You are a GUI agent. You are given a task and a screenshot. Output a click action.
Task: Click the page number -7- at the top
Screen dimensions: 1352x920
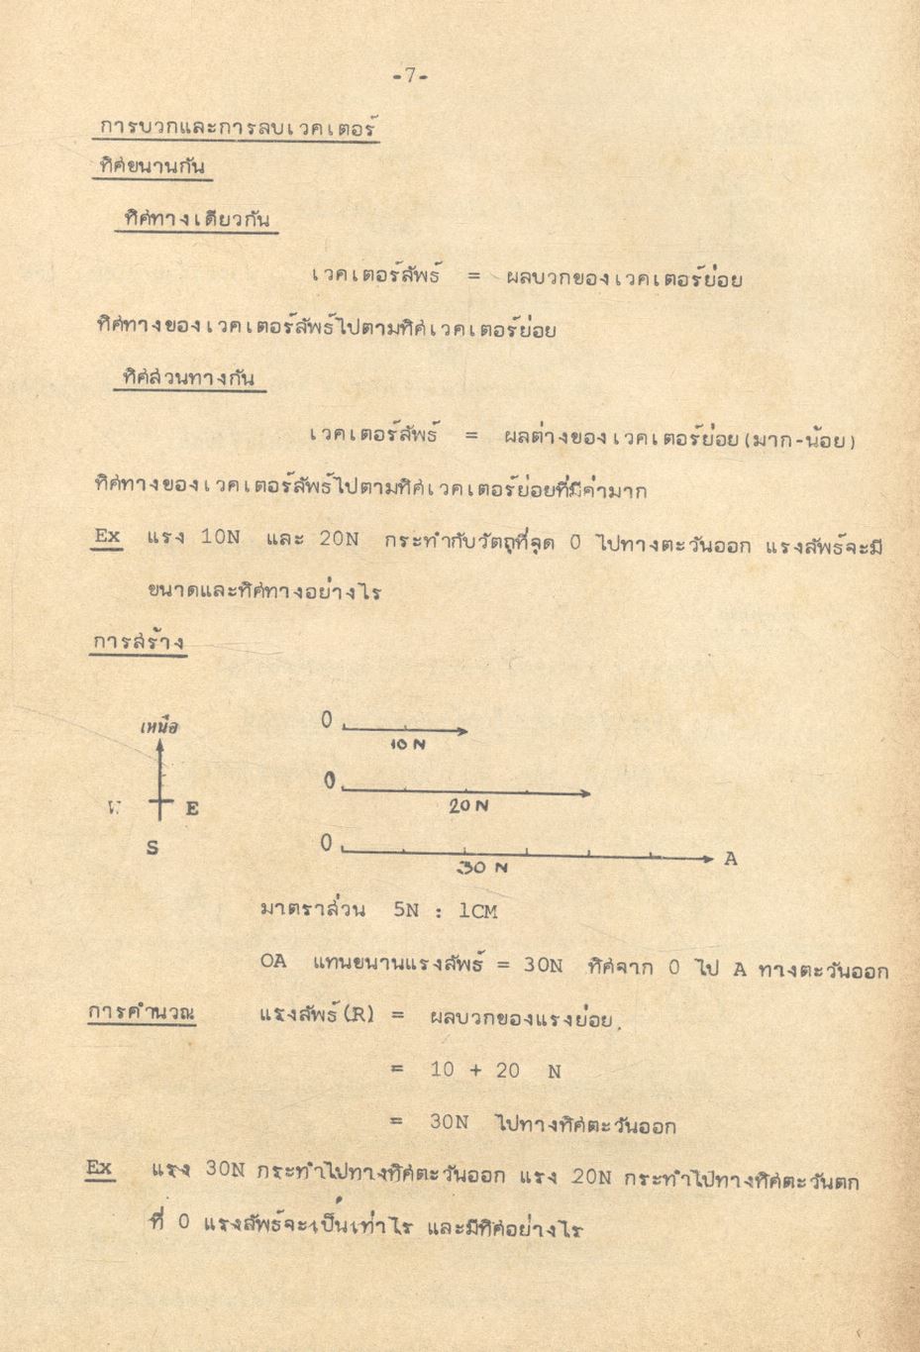pos(408,76)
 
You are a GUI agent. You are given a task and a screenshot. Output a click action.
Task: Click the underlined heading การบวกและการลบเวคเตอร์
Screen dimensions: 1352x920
pos(240,129)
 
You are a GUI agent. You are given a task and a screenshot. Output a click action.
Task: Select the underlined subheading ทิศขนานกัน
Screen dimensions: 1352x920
pos(153,168)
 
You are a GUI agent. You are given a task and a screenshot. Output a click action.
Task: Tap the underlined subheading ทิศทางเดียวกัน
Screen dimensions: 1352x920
pos(196,220)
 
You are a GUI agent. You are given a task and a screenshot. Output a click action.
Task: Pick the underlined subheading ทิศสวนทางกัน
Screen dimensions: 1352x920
pos(189,378)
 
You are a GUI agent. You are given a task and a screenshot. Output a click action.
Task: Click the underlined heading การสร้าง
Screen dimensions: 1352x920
pos(139,642)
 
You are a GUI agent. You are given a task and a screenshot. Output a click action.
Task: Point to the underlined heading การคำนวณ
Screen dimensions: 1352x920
pos(141,1013)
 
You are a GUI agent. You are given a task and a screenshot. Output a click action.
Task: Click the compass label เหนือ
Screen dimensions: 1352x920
pos(159,727)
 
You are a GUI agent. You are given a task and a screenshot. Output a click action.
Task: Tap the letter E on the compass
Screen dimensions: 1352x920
pos(192,808)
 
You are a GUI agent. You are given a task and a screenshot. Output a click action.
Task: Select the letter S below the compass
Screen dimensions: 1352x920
pos(153,848)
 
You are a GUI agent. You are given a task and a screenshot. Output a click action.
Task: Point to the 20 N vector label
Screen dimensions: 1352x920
pos(468,806)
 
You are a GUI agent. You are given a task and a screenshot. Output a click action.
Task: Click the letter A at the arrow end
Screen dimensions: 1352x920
pos(731,859)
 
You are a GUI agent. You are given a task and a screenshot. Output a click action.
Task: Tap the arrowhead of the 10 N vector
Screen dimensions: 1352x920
pos(462,731)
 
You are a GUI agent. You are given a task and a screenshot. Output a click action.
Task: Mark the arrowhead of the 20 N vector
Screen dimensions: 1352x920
pos(586,792)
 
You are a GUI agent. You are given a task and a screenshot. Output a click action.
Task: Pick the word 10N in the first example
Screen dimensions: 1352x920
pos(220,539)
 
